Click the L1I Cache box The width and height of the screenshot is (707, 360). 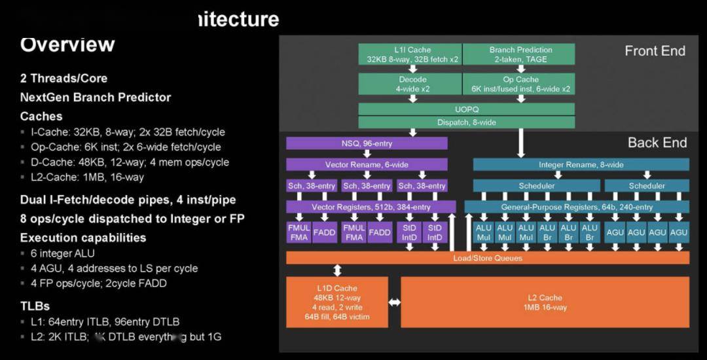click(410, 54)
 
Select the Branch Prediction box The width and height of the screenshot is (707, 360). click(520, 54)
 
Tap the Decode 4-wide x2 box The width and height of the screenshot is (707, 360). click(410, 84)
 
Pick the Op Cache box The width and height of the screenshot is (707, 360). click(520, 84)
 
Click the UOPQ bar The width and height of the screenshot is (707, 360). click(466, 109)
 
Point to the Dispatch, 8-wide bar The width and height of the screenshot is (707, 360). click(466, 122)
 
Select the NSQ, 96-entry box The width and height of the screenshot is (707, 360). click(367, 143)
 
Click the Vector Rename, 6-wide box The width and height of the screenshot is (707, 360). click(367, 164)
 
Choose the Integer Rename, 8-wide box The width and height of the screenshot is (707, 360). click(581, 164)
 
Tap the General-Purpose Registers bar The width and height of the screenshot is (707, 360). click(577, 207)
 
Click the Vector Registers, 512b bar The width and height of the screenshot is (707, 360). click(371, 207)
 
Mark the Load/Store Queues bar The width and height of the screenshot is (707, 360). click(488, 258)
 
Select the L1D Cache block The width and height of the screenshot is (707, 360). click(337, 302)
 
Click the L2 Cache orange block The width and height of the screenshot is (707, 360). click(545, 302)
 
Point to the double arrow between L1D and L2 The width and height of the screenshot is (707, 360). click(394, 302)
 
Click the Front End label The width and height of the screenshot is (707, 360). click(655, 51)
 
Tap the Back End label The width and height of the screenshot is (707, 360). click(657, 143)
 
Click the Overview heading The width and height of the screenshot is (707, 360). click(67, 45)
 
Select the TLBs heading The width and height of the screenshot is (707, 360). click(35, 306)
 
